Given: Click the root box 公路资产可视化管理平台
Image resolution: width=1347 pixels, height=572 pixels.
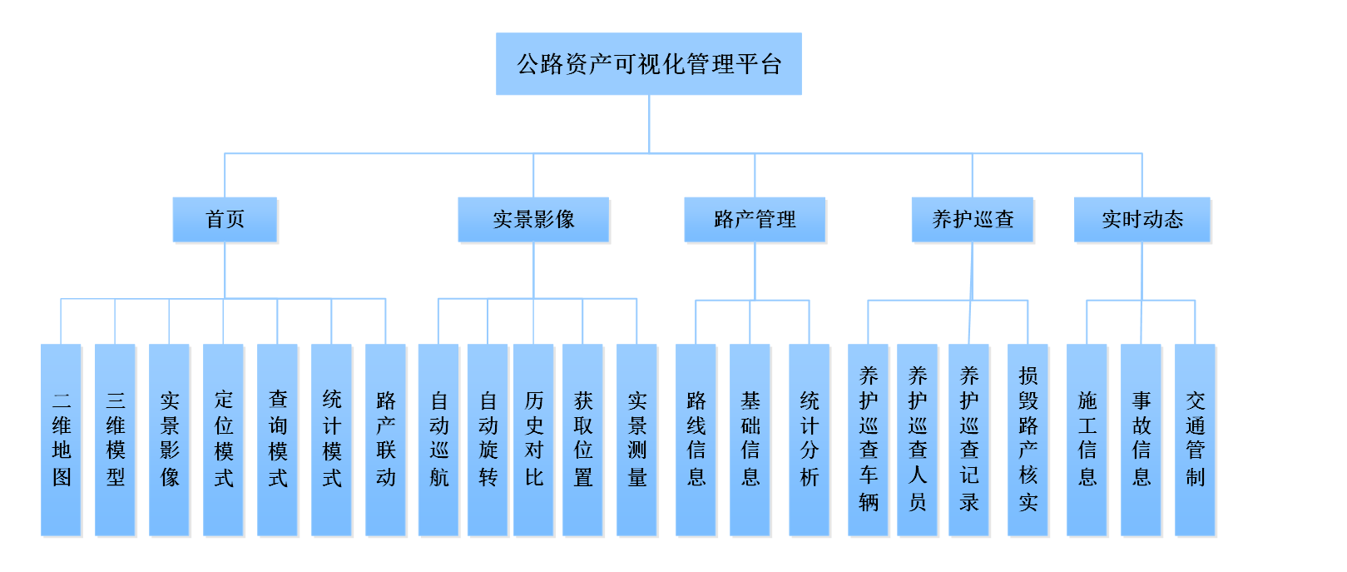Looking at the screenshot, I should click(x=648, y=64).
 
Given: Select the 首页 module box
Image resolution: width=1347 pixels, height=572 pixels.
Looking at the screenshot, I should click(x=225, y=220).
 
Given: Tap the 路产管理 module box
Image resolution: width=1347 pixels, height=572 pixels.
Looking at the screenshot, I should click(x=755, y=220).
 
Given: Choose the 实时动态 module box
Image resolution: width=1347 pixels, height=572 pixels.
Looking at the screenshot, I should click(x=1141, y=220).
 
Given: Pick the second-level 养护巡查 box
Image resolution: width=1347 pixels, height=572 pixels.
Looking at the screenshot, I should click(x=973, y=220).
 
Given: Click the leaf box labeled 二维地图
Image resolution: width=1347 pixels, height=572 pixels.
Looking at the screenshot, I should click(x=62, y=440).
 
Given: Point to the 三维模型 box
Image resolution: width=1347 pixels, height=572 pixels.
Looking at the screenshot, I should click(x=116, y=440).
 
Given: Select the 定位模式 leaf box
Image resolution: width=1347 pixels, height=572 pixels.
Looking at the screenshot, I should click(x=224, y=440).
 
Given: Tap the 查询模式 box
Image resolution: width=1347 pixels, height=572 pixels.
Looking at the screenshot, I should click(x=278, y=440).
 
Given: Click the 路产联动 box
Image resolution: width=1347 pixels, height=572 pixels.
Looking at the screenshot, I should click(x=386, y=440).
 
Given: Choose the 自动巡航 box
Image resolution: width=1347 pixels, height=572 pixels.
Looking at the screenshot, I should click(x=438, y=440).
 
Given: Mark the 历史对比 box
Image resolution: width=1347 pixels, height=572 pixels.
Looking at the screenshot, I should click(x=534, y=440).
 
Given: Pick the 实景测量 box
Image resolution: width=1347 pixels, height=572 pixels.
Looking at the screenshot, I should click(x=637, y=440).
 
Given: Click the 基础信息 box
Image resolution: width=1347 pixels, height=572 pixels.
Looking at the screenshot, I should click(x=750, y=440).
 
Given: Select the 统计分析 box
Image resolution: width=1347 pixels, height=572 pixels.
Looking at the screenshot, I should click(x=810, y=440).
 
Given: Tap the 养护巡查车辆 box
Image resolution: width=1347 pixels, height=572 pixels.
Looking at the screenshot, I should click(x=869, y=440).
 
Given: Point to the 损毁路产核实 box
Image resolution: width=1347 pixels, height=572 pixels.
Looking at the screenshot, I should click(x=1028, y=440).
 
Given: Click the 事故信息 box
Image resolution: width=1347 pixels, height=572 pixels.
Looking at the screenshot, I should click(x=1141, y=440).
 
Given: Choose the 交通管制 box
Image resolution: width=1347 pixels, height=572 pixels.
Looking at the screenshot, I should click(x=1196, y=440).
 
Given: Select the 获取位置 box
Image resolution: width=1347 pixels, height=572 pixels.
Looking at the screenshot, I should click(x=583, y=440).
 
